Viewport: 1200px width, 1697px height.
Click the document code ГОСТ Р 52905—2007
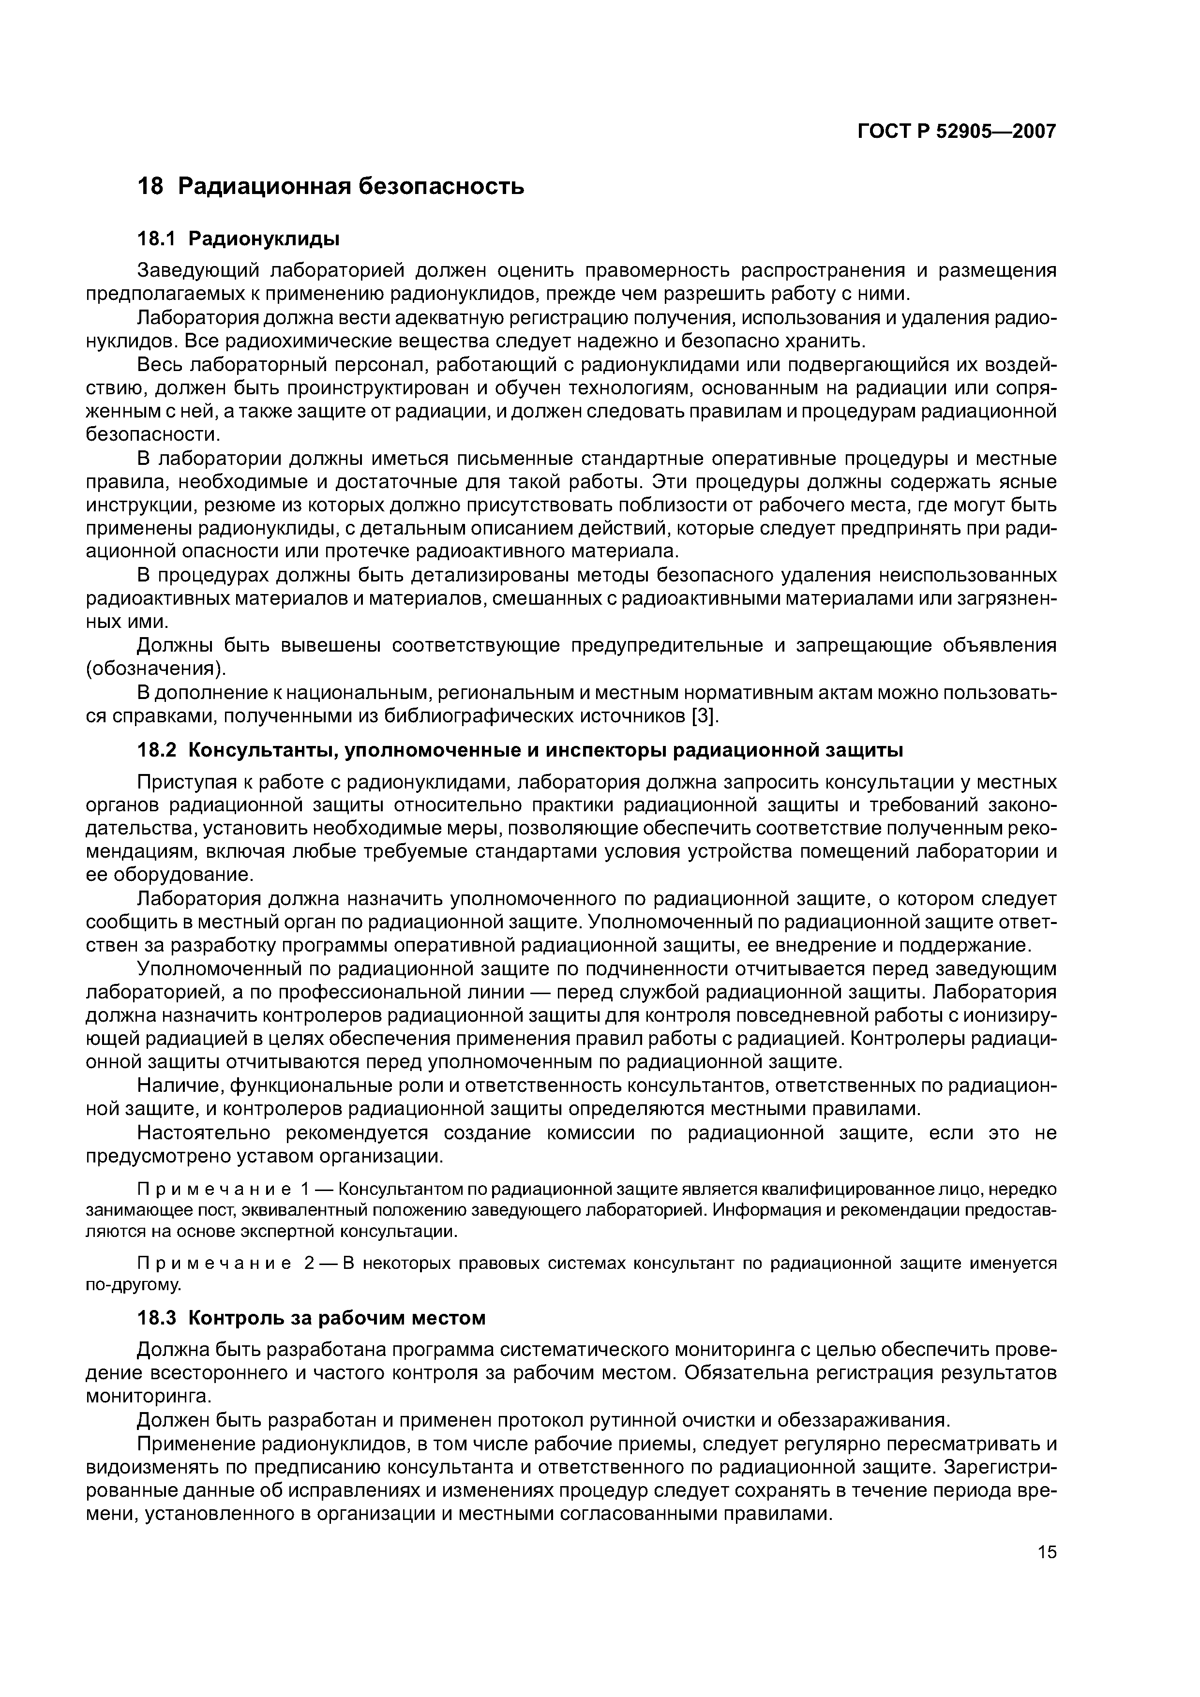pos(956,132)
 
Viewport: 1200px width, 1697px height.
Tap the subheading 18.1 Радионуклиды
pos(239,239)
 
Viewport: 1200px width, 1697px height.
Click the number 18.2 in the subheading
pos(157,751)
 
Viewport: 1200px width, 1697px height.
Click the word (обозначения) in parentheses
pos(155,670)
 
